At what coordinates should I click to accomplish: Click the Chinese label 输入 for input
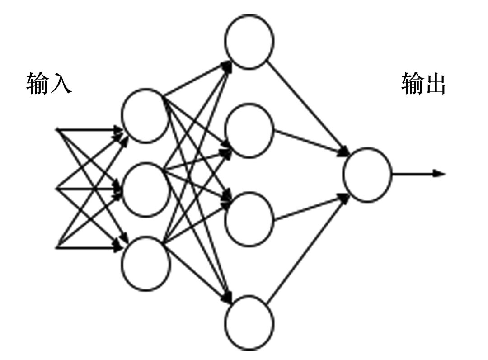[49, 83]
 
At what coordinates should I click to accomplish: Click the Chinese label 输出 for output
[423, 83]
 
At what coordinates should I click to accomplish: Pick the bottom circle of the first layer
[145, 263]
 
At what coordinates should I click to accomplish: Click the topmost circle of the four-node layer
[249, 42]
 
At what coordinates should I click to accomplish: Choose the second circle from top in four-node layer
[249, 130]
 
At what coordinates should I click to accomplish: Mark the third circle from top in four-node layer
[249, 219]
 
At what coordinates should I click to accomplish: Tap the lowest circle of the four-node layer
[249, 322]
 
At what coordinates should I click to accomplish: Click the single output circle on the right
[367, 174]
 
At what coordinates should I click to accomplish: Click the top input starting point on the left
[57, 130]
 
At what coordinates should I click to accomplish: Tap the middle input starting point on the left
[57, 189]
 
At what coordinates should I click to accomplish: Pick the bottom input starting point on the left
[57, 247]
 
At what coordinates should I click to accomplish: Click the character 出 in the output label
[435, 84]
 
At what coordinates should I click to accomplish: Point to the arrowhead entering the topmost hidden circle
[228, 65]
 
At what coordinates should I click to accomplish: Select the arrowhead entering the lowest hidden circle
[228, 300]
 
